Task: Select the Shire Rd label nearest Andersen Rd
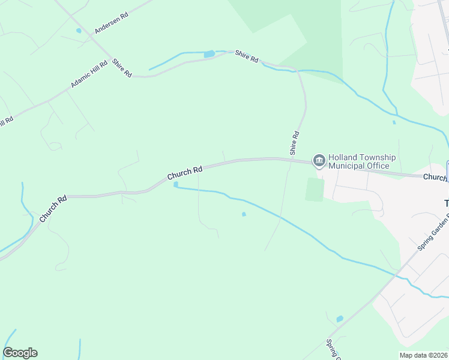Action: tap(121, 67)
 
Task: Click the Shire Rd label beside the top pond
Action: tap(246, 58)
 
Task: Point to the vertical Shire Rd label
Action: tap(294, 143)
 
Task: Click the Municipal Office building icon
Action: tap(319, 160)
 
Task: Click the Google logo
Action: tap(20, 353)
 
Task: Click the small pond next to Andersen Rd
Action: tap(78, 31)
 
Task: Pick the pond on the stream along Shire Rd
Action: tap(209, 55)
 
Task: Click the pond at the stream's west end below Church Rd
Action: tap(176, 185)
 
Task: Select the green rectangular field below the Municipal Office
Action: tap(314, 190)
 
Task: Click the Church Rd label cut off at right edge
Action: tap(435, 178)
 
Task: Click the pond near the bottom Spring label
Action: tap(340, 319)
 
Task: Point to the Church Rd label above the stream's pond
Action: tap(185, 173)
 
